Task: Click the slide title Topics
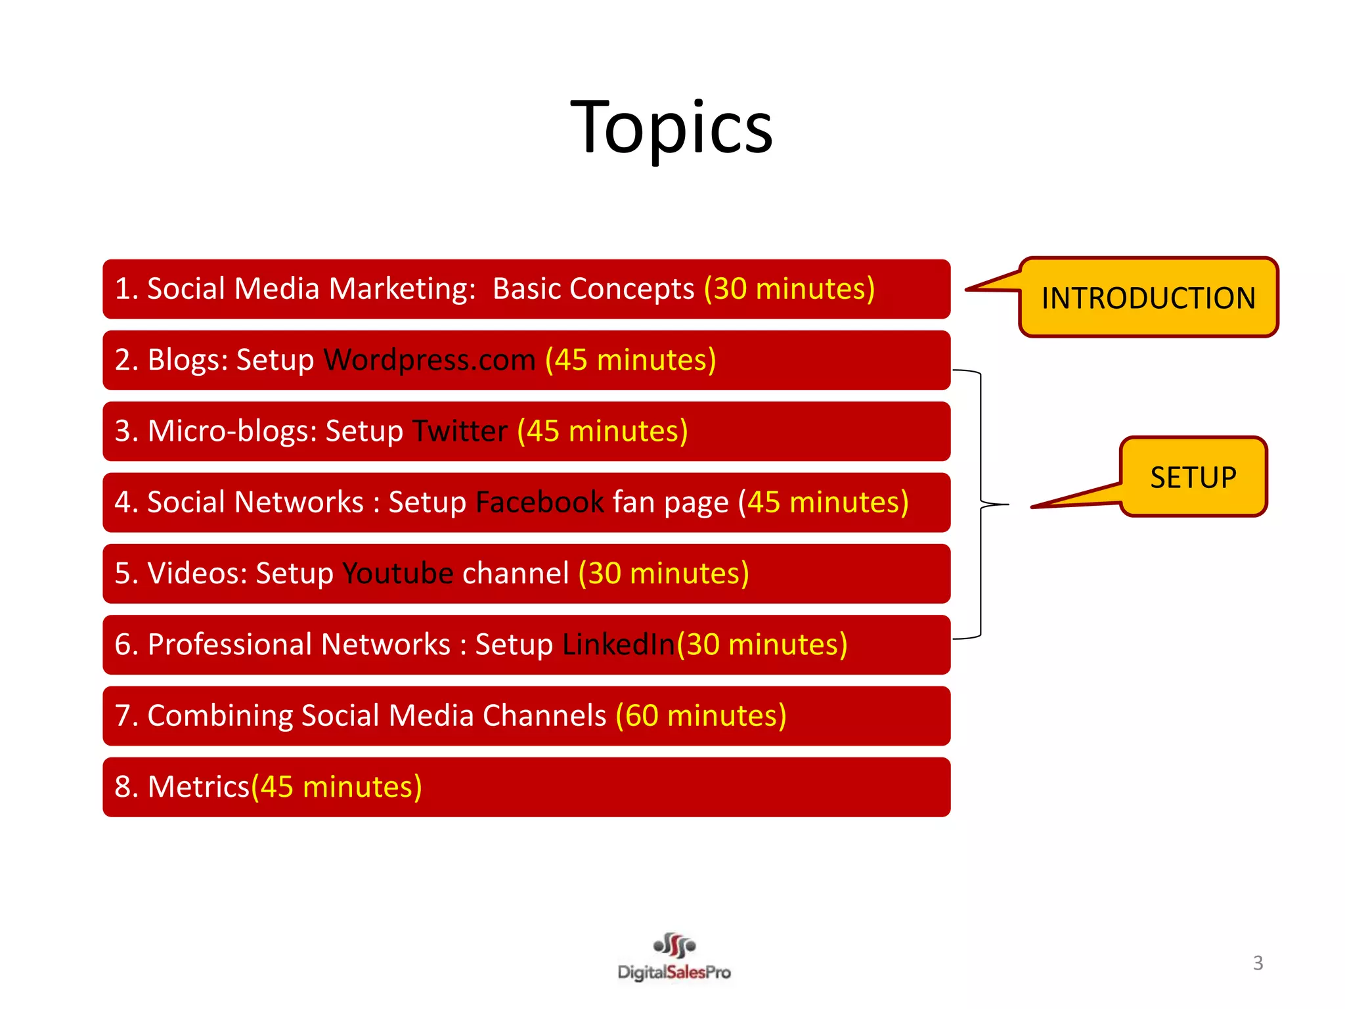tap(672, 128)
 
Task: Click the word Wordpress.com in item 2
tap(430, 360)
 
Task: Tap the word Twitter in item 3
tap(460, 432)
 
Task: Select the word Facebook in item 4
tap(539, 503)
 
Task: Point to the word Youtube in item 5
tap(397, 573)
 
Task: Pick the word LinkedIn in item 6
tap(618, 644)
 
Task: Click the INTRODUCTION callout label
tap(1148, 298)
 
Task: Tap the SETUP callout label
tap(1193, 478)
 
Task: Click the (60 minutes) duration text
tap(701, 715)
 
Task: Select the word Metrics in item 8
tap(198, 787)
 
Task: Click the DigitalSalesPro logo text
tap(674, 972)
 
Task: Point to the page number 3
tap(1258, 963)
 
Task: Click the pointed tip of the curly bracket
tap(1006, 504)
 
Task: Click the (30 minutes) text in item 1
tap(789, 289)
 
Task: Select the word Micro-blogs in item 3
tap(232, 432)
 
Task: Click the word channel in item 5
tap(516, 573)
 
